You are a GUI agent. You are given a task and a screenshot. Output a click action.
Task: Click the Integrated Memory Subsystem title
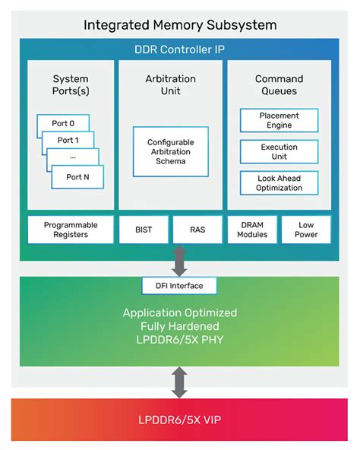tap(180, 25)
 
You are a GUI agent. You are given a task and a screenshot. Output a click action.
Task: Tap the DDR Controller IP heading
tap(180, 50)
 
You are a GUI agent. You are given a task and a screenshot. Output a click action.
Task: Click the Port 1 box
tap(68, 141)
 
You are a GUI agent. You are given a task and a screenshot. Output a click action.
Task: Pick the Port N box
tap(77, 177)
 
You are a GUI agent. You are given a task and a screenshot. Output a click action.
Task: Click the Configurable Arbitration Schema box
tap(171, 151)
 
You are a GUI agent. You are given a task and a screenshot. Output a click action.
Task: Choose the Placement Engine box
tap(279, 121)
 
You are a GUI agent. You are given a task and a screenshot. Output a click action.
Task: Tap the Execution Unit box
tap(279, 151)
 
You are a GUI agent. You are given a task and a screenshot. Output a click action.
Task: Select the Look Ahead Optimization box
tap(279, 182)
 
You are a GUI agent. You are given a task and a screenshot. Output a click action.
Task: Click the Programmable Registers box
tap(71, 230)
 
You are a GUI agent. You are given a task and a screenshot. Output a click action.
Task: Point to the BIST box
tap(142, 230)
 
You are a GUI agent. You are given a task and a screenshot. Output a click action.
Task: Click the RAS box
tap(196, 230)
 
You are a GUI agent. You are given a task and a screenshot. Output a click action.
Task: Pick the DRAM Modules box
tap(252, 230)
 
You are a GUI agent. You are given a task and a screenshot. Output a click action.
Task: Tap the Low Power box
tap(306, 230)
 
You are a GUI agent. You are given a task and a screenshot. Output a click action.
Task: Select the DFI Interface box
tap(180, 286)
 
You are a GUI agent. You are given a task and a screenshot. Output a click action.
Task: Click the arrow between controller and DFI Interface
tap(180, 261)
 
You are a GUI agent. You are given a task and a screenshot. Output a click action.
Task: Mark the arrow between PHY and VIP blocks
tap(180, 382)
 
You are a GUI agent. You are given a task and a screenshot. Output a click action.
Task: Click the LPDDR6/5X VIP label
tap(180, 419)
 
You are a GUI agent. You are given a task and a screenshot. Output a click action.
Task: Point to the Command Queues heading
tap(279, 85)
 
